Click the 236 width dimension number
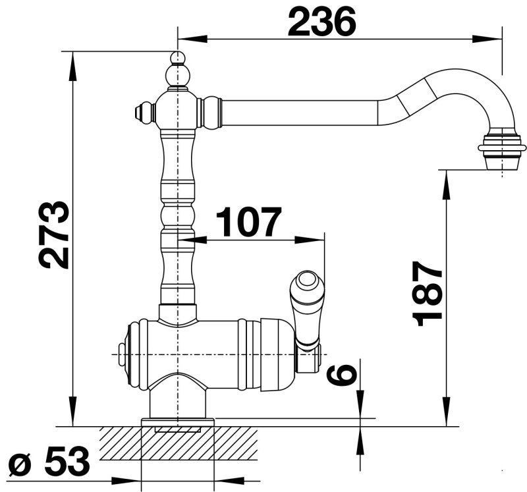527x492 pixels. point(321,22)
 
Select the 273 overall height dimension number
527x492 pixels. point(54,235)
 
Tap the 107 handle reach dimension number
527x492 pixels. point(248,222)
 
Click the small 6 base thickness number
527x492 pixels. point(341,375)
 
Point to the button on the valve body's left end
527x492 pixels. point(121,354)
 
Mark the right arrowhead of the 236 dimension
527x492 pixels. point(487,39)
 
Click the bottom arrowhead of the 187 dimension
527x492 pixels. point(447,412)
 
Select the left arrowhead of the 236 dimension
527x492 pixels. point(192,39)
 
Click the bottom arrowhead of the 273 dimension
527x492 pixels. point(72,412)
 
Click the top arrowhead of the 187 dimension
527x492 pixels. point(447,185)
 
